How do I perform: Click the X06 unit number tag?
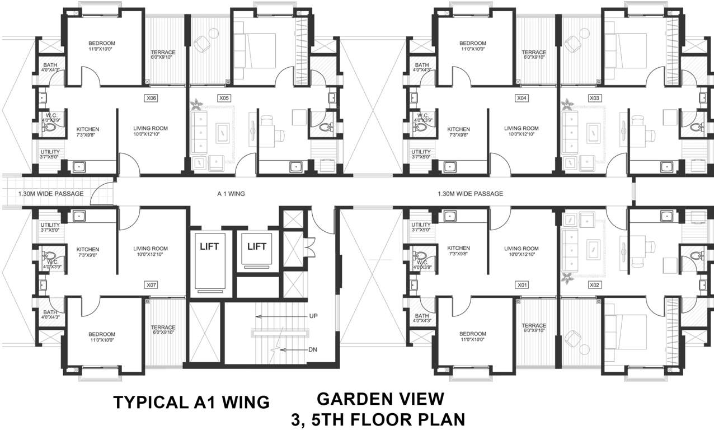[151, 98]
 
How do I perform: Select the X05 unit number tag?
[224, 98]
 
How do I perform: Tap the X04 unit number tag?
[522, 98]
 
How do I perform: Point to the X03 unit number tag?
[594, 98]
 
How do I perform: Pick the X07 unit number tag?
[151, 285]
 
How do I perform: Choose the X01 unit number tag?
[522, 285]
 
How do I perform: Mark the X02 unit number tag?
[594, 285]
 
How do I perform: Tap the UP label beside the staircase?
[313, 316]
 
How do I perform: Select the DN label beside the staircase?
[313, 350]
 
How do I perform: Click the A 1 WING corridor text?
[231, 194]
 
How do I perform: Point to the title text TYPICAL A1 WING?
[191, 402]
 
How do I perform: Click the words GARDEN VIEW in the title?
[381, 399]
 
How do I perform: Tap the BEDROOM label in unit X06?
[102, 44]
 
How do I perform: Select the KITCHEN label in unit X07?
[88, 250]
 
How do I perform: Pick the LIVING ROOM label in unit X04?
[521, 128]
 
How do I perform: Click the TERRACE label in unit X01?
[533, 325]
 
